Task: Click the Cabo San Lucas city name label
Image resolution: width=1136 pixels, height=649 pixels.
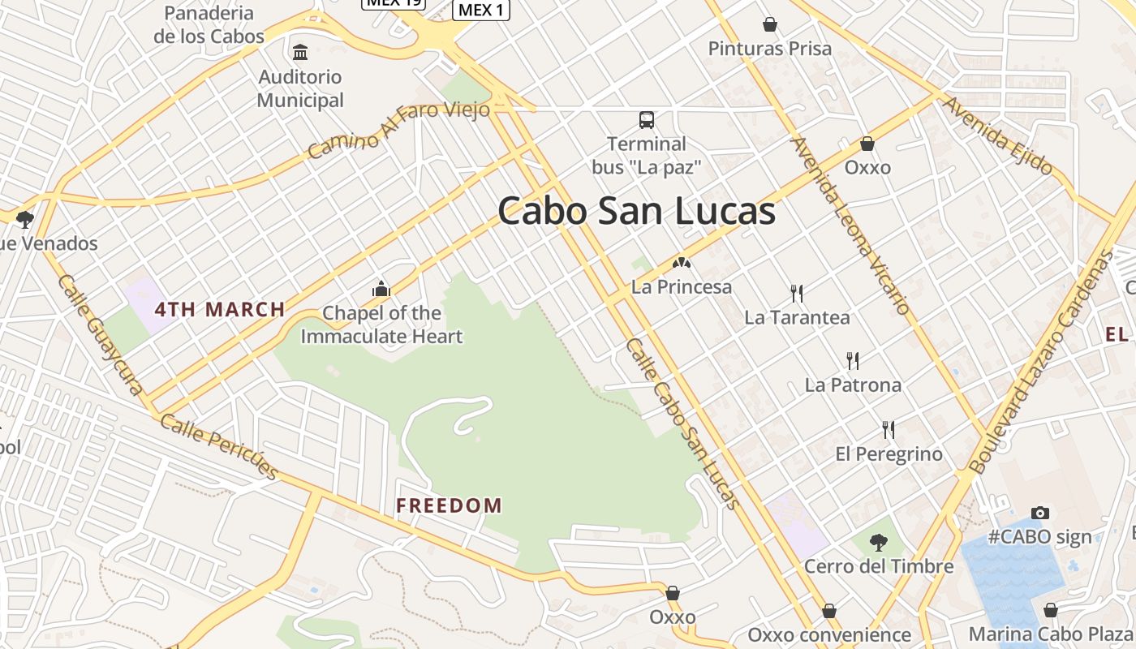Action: (636, 212)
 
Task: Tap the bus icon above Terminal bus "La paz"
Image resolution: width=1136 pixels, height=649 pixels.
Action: (646, 120)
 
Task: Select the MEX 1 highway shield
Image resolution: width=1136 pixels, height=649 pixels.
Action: (481, 10)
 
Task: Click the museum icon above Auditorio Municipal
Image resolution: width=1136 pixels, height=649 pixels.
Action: (300, 53)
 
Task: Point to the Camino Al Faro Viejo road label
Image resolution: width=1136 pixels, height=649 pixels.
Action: (399, 129)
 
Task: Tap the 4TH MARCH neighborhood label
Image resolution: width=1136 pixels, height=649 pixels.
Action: (220, 309)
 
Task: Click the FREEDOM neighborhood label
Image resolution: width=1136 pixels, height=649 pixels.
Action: (449, 506)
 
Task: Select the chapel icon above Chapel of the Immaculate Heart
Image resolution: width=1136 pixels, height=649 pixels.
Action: (381, 289)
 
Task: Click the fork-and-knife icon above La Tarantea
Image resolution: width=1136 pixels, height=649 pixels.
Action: (797, 293)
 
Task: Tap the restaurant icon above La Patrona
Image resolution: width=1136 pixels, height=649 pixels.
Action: (852, 360)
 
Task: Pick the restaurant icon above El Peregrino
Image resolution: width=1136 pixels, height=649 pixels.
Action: (889, 429)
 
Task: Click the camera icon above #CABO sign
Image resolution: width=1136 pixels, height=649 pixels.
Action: (1039, 513)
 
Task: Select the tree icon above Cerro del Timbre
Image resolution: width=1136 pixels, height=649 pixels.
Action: (878, 542)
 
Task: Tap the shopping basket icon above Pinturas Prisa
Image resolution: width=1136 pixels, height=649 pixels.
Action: (769, 25)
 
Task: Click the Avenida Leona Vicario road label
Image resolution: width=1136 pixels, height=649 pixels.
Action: (850, 226)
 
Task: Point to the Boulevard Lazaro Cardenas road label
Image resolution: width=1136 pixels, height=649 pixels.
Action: (1043, 363)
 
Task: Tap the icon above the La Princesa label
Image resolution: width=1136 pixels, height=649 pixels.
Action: (682, 263)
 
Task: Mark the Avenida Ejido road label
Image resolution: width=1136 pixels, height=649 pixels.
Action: (997, 136)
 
